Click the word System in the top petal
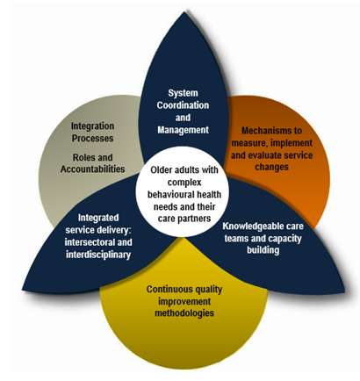183,93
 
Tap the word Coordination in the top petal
183,105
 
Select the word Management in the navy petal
184,130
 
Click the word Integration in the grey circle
92,126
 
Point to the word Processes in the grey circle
92,138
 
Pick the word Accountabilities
92,169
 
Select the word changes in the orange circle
271,167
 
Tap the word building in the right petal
263,250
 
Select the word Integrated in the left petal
98,218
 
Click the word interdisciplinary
98,255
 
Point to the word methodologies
184,313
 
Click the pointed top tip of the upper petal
184,11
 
